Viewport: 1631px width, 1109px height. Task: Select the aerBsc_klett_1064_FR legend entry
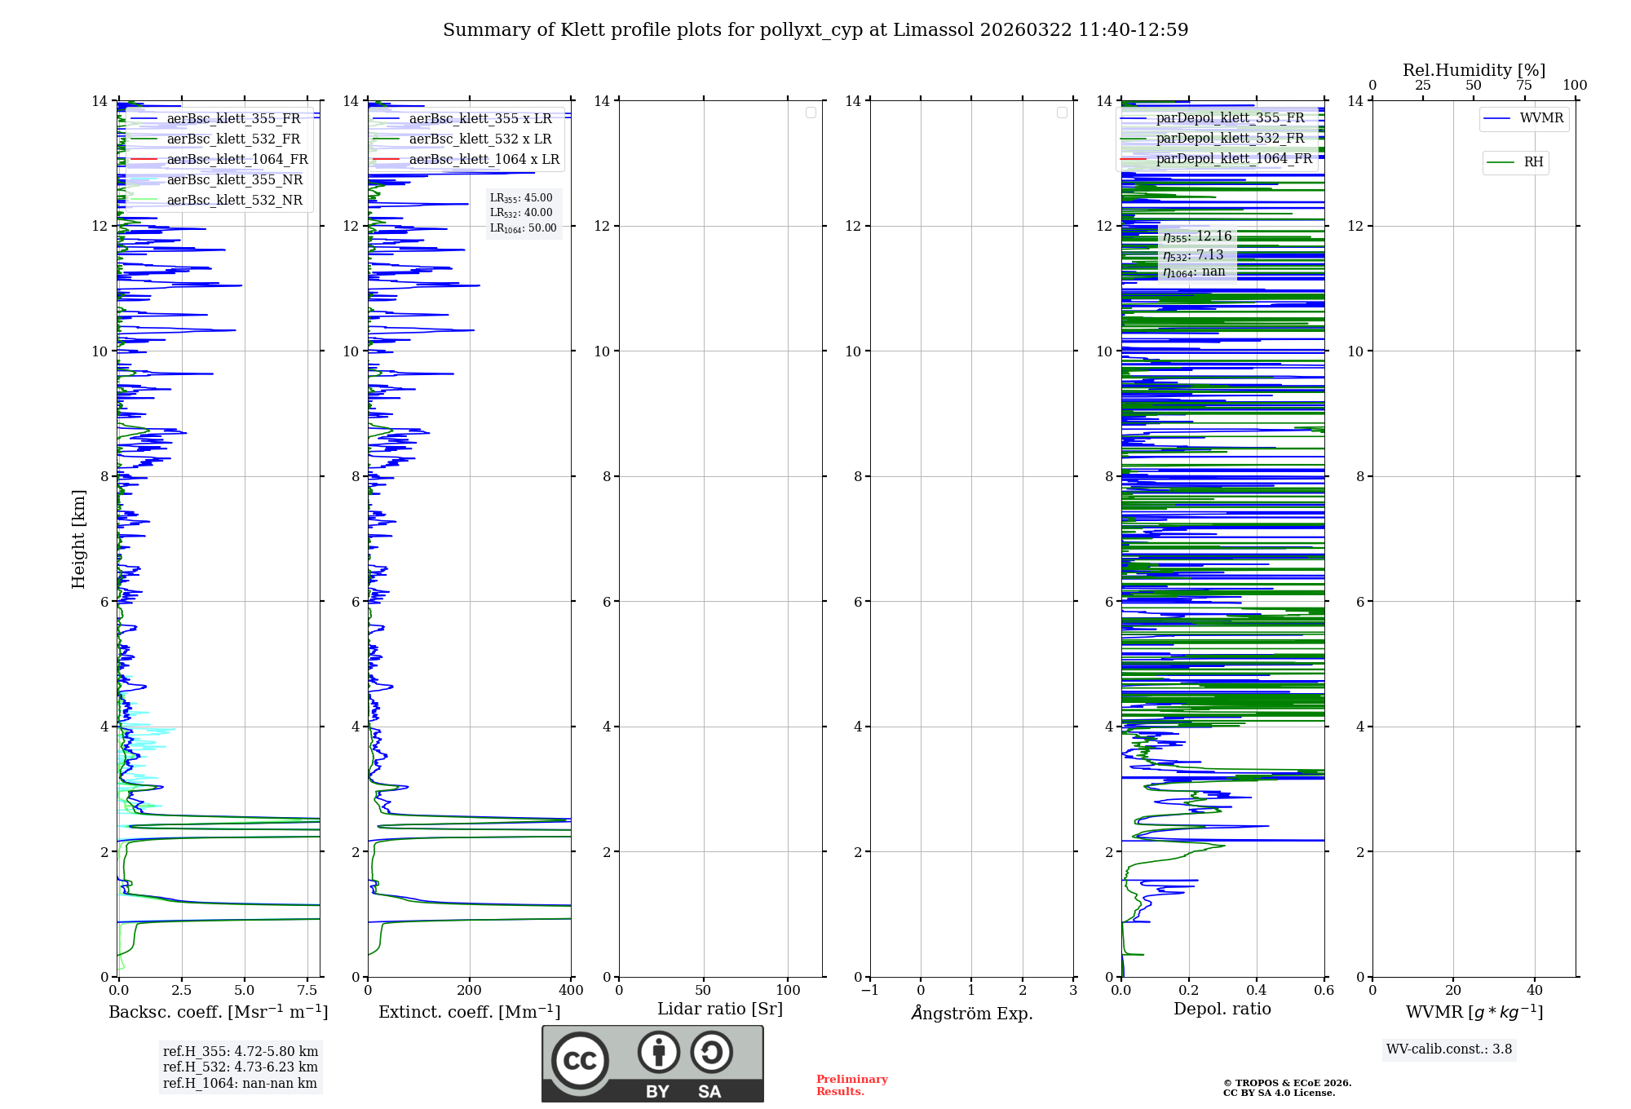236,160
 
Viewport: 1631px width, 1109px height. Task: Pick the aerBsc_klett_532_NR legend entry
234,201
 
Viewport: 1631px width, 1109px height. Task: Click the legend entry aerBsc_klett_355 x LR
480,119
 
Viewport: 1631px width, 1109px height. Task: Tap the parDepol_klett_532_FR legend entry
1230,139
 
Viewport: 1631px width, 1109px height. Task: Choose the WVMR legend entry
1541,118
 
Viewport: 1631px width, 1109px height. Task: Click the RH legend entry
1533,162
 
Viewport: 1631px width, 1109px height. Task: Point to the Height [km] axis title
78,539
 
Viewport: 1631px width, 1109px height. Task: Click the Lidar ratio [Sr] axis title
720,1010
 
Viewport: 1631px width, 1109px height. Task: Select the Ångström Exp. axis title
971,1014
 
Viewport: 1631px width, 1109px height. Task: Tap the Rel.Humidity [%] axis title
1474,70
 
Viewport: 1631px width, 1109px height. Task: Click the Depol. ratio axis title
1222,1010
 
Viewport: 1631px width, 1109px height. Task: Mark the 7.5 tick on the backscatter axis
307,991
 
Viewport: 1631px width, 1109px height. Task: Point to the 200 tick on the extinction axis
469,991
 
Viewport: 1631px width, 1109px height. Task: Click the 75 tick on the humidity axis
1523,86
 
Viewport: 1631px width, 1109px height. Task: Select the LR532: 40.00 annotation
521,213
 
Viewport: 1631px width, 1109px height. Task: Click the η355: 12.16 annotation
1197,236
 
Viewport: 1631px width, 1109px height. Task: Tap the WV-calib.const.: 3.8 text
1449,1049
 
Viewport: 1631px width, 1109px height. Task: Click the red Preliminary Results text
851,1085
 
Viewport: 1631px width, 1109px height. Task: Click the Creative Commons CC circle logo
580,1061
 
